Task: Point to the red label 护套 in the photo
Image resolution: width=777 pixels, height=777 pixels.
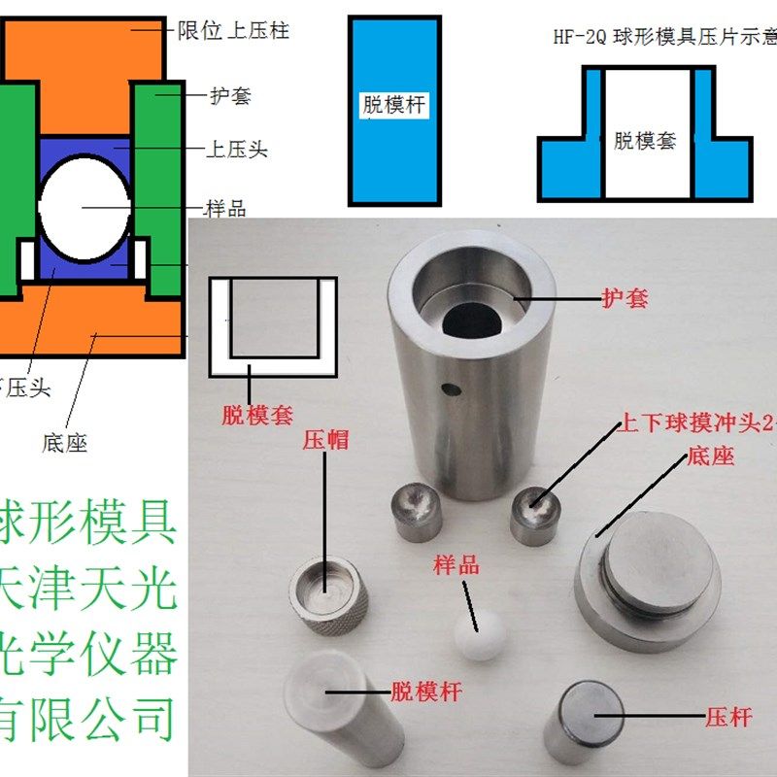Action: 625,298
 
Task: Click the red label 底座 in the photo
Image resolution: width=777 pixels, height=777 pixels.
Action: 709,456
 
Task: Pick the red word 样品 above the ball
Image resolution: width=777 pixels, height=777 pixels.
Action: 456,565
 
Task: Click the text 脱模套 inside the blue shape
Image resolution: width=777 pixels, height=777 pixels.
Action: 645,142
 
